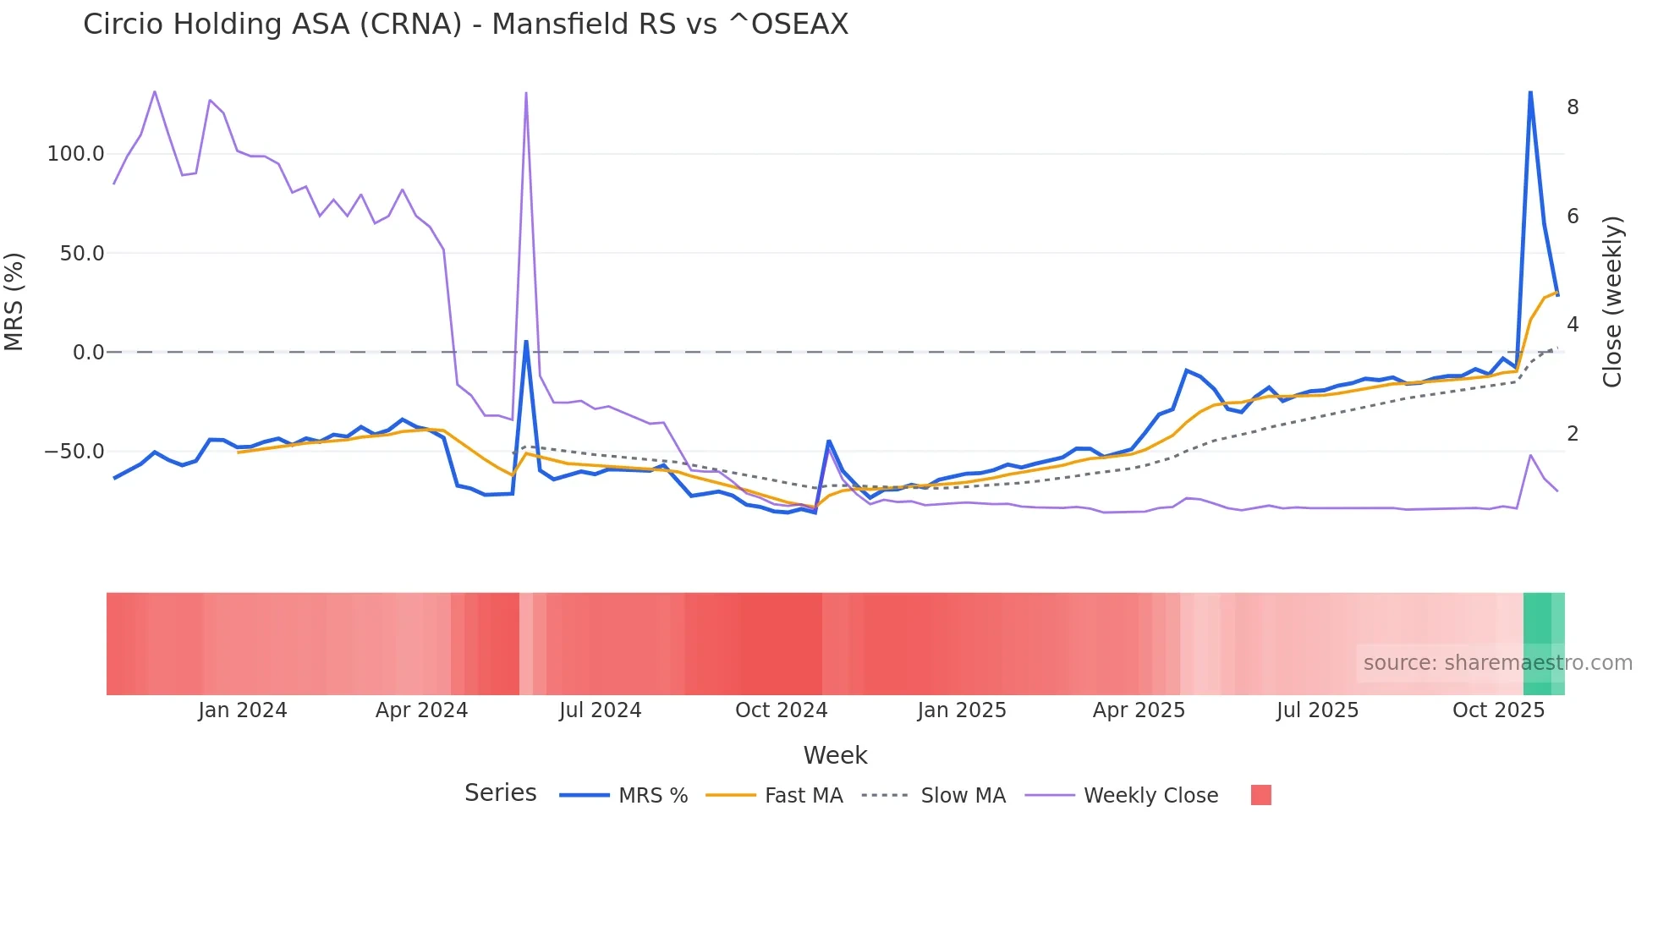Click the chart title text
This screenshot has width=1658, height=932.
(465, 25)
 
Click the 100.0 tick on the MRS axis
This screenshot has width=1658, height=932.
(75, 154)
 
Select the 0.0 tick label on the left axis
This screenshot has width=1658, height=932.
(88, 353)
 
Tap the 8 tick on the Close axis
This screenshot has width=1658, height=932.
(1573, 107)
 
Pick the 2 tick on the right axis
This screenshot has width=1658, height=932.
(1573, 434)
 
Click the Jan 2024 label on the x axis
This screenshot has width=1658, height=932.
(243, 710)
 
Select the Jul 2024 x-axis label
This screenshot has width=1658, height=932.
(600, 710)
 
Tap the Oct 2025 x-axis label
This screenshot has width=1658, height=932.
(1498, 710)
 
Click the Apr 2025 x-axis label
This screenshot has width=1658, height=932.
(1139, 710)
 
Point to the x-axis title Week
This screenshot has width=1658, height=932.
(835, 755)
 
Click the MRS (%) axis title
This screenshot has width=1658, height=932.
(14, 302)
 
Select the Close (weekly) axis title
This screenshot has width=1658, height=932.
(1612, 302)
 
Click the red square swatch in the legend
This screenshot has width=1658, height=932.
(1260, 795)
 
